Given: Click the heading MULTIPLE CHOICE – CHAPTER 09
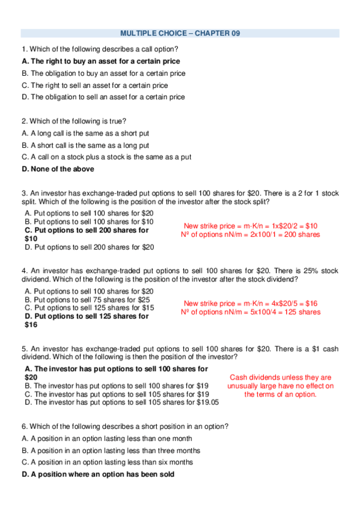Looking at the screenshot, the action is point(180,33).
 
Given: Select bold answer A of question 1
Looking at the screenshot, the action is point(100,61).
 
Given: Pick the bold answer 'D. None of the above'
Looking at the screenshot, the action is point(58,169).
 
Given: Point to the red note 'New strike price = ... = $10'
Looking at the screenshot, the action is point(251,226).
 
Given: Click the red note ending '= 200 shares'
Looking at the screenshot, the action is point(251,235).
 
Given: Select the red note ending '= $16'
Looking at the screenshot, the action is point(251,304).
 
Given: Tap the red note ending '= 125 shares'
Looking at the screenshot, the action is point(251,312).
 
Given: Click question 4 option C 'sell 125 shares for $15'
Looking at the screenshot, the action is point(89,308).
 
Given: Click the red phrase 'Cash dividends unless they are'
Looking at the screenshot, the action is point(281,378).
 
